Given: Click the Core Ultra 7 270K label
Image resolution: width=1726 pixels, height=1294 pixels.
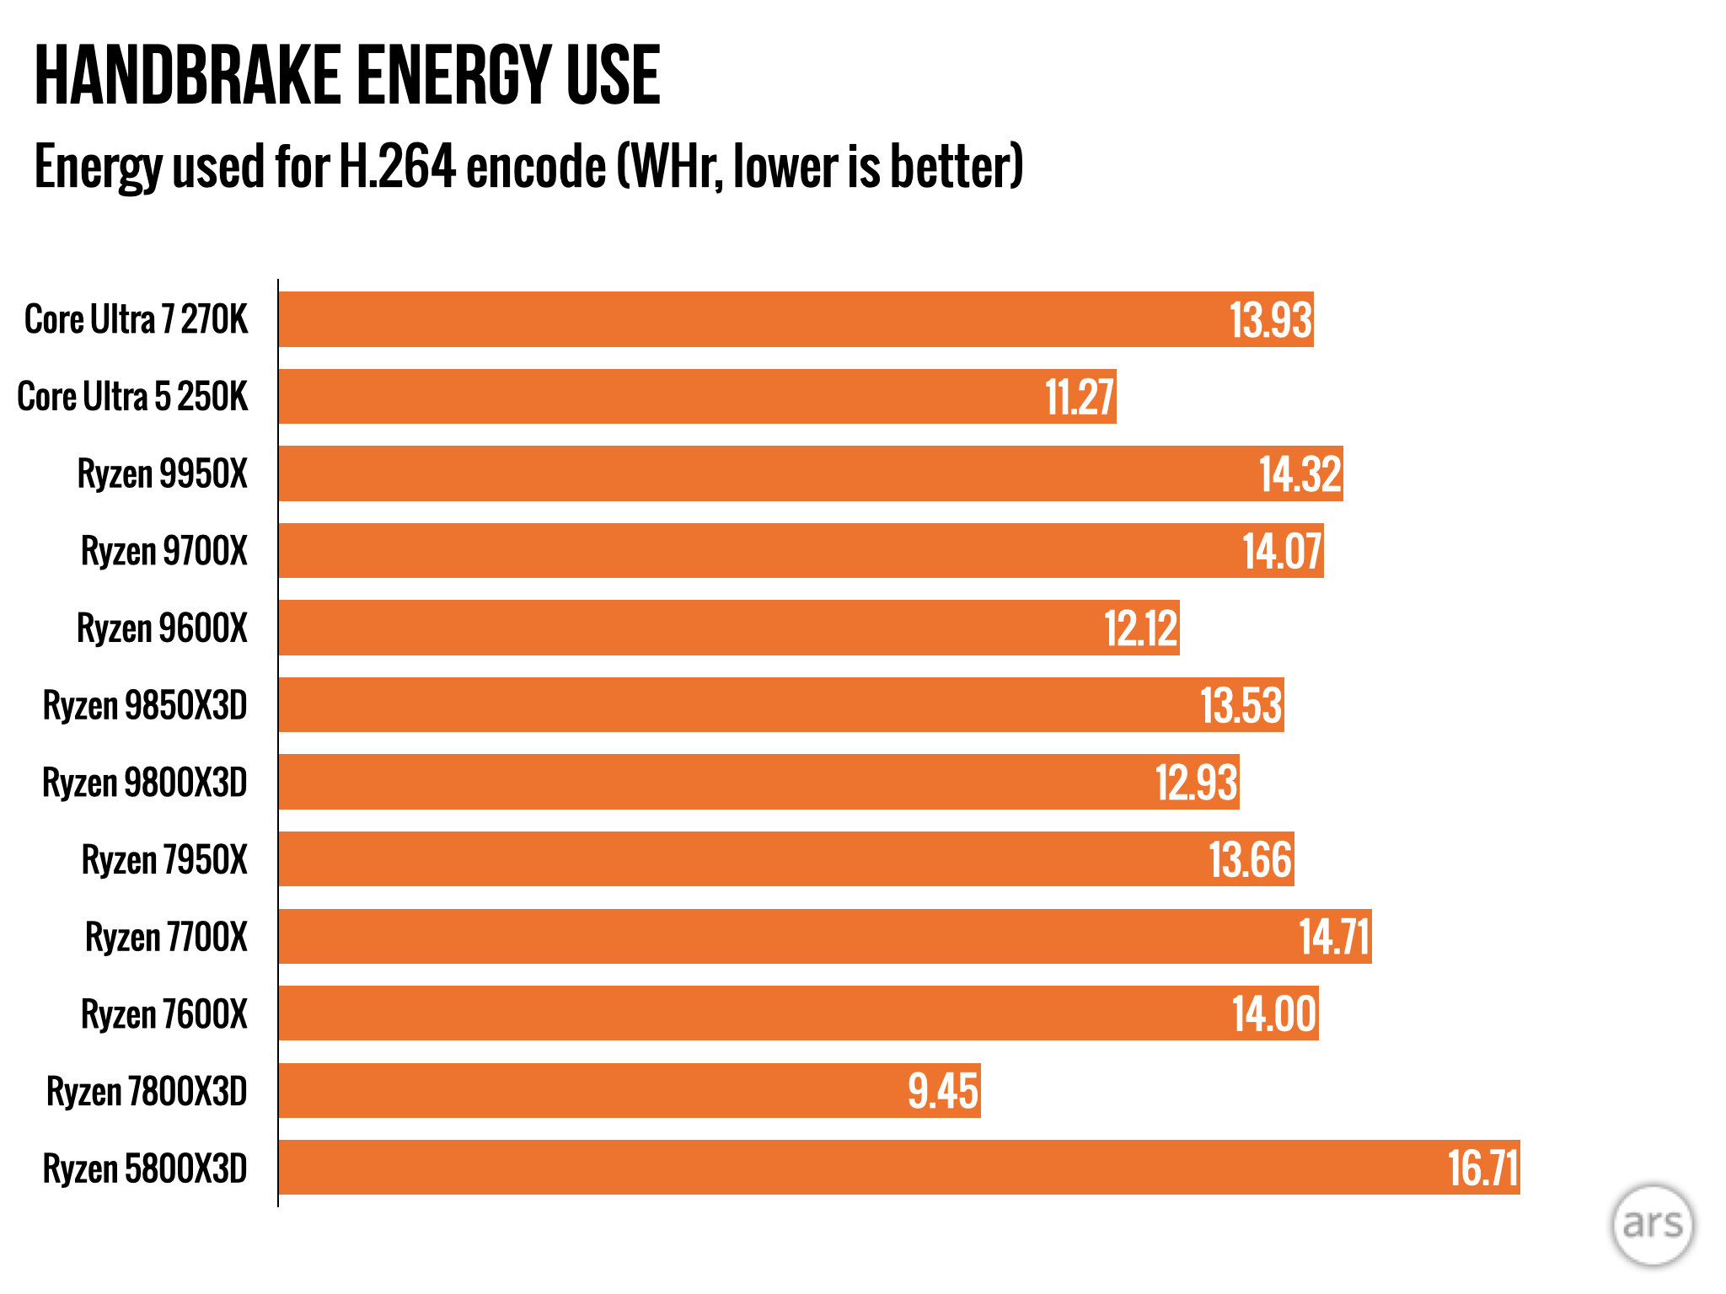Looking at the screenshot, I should pos(137,320).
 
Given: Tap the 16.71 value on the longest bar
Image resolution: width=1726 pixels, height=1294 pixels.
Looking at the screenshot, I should pos(1483,1168).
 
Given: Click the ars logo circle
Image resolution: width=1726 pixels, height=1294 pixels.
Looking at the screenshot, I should pos(1653,1224).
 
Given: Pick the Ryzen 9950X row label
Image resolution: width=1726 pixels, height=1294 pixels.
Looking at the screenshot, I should pos(163,473).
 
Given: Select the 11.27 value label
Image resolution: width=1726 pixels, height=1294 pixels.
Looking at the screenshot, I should pos(1080,397).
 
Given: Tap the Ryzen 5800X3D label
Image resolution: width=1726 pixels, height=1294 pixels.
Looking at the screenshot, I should pos(145,1168).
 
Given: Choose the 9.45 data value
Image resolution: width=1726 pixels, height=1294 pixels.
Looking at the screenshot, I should pos(943,1091).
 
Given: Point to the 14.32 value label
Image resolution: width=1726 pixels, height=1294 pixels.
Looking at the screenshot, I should pos(1300,474).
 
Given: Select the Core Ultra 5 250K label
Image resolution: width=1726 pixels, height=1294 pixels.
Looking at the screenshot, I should pos(133,397).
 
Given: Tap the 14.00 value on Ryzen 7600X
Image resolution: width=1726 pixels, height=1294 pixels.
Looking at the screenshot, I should pos(1274,1014).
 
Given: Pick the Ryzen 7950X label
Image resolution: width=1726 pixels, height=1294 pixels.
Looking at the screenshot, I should pos(165,860).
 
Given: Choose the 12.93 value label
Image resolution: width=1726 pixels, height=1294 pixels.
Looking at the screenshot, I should pos(1196,783).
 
